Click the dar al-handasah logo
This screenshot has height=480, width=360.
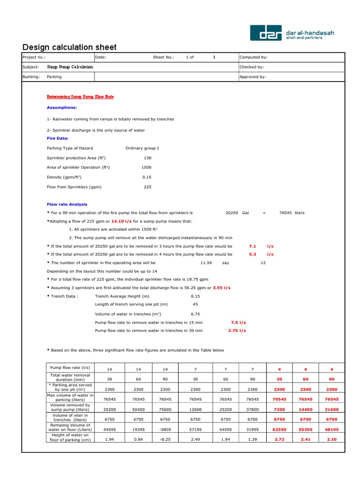tap(292, 33)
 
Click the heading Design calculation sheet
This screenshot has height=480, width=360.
tap(69, 47)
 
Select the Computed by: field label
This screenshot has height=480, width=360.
tap(253, 57)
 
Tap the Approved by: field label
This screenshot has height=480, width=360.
tap(253, 77)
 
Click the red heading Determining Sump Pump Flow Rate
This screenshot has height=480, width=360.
tap(80, 97)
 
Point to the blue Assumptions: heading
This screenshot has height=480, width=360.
tap(62, 107)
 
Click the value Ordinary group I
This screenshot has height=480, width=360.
tap(142, 148)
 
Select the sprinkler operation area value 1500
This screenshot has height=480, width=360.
tap(146, 167)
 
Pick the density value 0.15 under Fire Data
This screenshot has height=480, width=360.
tap(147, 177)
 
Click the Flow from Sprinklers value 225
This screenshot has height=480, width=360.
tap(147, 187)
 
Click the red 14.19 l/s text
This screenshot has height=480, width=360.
tap(121, 221)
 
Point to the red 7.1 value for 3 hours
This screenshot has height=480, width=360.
tap(252, 246)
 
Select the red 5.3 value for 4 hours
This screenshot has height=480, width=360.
tap(252, 255)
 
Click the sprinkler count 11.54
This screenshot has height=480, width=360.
tap(206, 263)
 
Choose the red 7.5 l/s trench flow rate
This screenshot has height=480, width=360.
tap(238, 322)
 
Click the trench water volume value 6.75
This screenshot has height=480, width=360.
tap(195, 314)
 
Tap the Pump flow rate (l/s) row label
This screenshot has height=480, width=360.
tap(70, 367)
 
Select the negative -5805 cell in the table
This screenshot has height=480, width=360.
tap(165, 429)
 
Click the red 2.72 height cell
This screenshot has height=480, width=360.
tap(279, 439)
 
